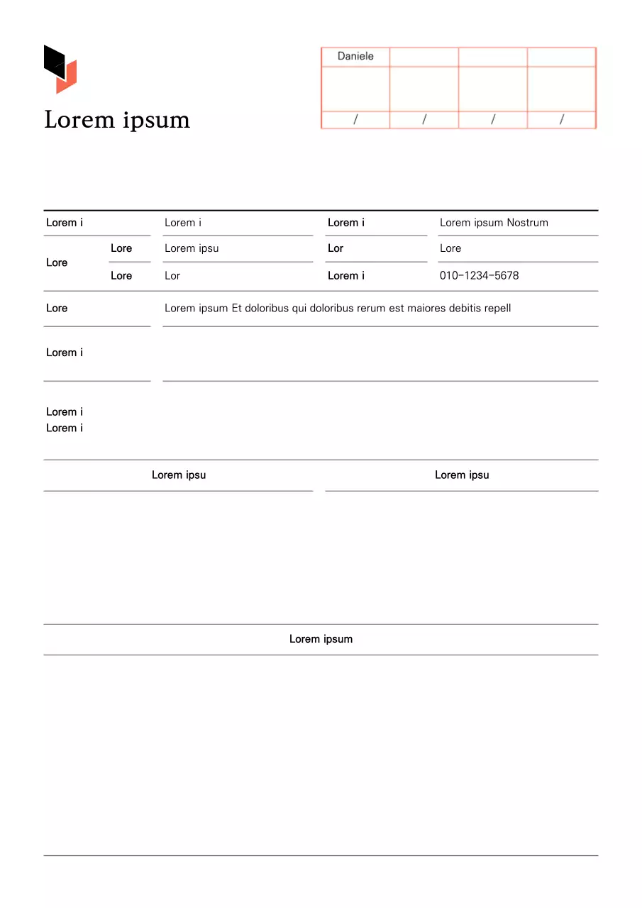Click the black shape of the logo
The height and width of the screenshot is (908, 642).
[x=53, y=60]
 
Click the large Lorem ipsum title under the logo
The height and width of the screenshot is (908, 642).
[x=117, y=120]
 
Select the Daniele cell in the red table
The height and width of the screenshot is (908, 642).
[x=355, y=57]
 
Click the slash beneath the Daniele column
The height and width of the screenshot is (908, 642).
[x=355, y=120]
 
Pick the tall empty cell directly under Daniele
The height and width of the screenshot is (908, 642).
[x=355, y=89]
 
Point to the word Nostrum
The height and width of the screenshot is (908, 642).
[x=527, y=223]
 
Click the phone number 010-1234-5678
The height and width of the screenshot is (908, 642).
[x=479, y=276]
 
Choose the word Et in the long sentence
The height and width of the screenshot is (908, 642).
[x=238, y=309]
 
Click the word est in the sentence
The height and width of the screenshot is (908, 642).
[x=396, y=309]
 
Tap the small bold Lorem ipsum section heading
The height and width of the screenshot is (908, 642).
[x=321, y=639]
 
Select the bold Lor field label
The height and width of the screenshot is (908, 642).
[x=336, y=248]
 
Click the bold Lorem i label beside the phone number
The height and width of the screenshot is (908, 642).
[x=346, y=276]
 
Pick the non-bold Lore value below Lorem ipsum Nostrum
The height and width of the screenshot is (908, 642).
[x=450, y=248]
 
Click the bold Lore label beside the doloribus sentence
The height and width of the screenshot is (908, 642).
[x=57, y=309]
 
